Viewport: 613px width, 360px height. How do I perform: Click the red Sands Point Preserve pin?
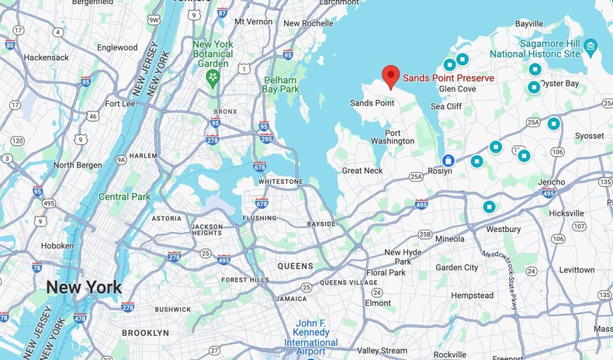coord(392,77)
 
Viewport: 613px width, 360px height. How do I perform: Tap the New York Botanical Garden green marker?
coord(213,78)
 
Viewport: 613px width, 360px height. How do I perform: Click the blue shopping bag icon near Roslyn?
coord(448,160)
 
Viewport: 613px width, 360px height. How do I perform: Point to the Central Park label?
coord(124,196)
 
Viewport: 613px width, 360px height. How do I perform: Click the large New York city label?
coord(83,287)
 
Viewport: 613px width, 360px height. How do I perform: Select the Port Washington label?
coord(393,137)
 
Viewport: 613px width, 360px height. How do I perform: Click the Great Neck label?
coord(362,170)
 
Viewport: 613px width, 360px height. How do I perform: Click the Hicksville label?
coord(566,213)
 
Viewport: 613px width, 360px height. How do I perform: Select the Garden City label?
coord(457,267)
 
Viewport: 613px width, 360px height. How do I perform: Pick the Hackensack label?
coord(45,57)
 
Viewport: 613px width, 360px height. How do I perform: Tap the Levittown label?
coord(577,269)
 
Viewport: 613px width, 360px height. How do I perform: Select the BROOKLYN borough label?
coord(145,332)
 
